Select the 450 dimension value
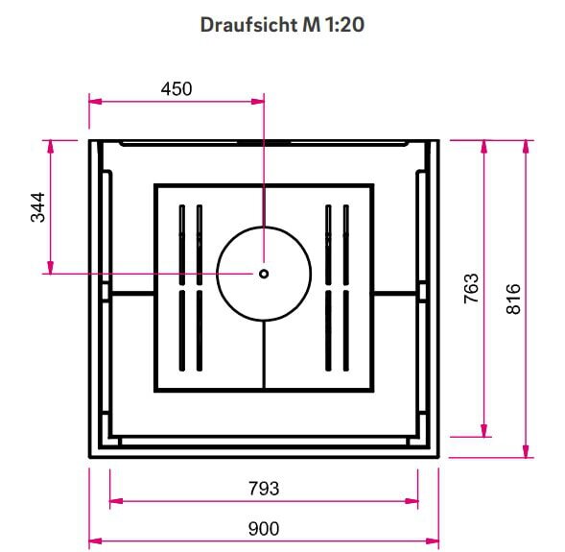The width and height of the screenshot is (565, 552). (177, 89)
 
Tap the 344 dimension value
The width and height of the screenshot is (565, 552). (37, 206)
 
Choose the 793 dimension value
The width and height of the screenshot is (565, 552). (264, 489)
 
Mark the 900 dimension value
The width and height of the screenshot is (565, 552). (264, 528)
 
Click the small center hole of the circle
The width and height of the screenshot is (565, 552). (264, 274)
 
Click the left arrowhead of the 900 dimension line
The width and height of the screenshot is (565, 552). (95, 541)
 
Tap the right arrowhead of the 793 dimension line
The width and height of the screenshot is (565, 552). (412, 501)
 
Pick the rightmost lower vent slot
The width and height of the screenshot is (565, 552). (342, 331)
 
